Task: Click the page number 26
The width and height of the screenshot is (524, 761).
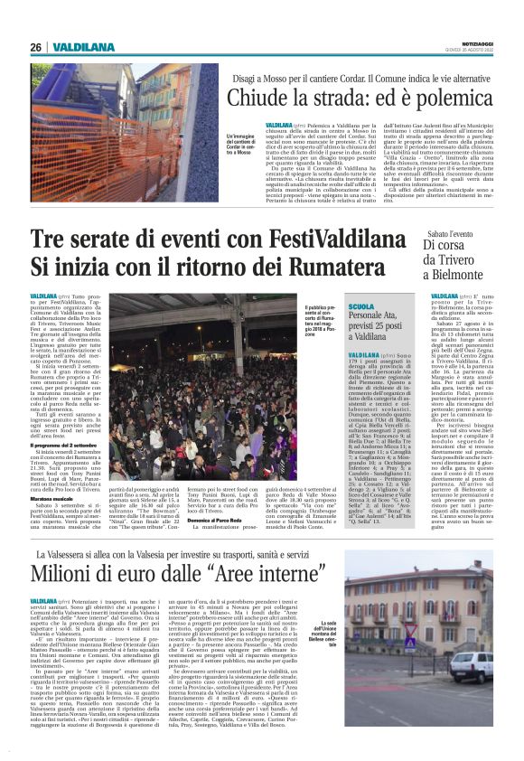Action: click(36, 47)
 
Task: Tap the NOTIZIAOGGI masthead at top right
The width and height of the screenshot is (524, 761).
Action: click(475, 42)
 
